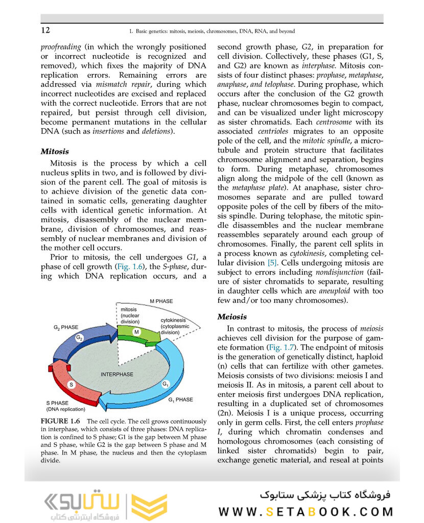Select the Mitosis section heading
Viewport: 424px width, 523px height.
[55, 152]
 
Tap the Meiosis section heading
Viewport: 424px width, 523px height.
[232, 317]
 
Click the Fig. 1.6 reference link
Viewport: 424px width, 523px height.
[129, 267]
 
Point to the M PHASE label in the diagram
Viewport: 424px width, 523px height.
[161, 301]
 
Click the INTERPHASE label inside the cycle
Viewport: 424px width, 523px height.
[117, 374]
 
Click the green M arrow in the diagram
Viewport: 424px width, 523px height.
[136, 332]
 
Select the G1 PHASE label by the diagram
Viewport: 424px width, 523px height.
[180, 399]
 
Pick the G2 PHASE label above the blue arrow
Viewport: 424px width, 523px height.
[66, 327]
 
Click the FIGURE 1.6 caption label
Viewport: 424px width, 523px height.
[60, 421]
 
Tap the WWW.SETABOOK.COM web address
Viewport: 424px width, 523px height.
[306, 511]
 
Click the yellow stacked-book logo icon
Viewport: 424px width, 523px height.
[149, 507]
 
